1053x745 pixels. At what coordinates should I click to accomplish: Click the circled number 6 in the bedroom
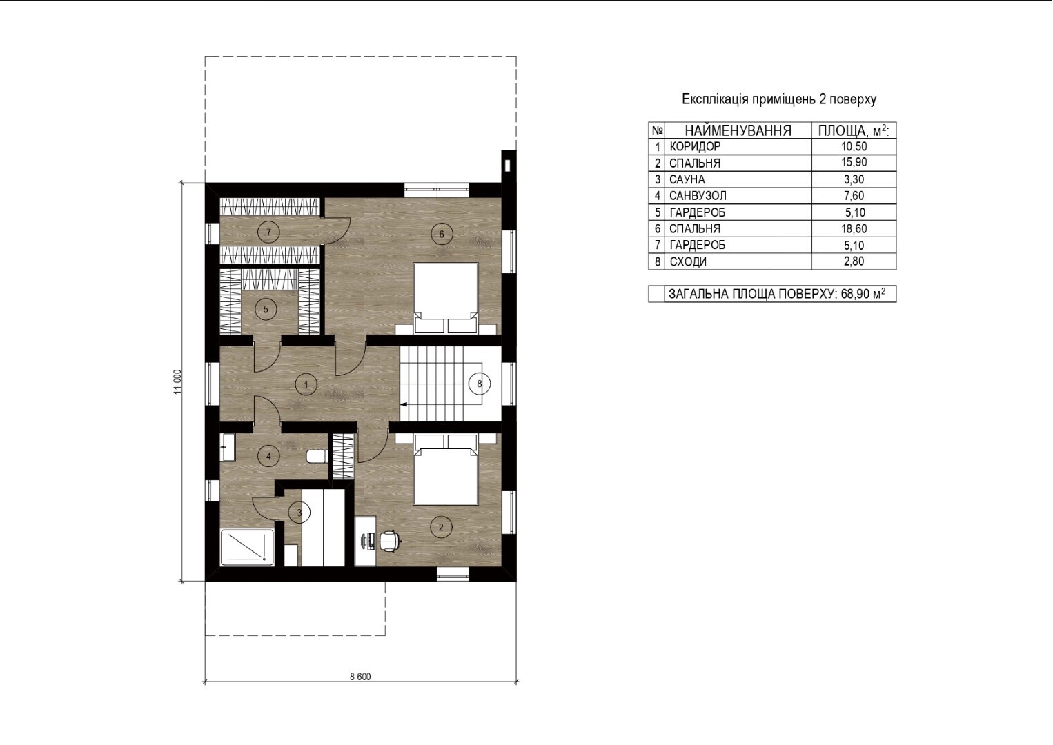coord(442,234)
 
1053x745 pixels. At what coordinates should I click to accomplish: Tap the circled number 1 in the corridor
coord(306,384)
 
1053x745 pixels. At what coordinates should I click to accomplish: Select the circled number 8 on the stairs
coord(480,384)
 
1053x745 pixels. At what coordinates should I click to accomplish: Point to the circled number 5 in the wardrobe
coord(266,309)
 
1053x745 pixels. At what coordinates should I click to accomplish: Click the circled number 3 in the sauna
coord(299,513)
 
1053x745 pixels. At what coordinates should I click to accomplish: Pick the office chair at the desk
coord(391,541)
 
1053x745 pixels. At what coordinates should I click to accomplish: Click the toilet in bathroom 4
coord(317,456)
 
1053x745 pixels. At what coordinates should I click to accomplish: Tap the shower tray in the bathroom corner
coord(247,547)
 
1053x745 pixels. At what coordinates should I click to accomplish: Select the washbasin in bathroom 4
coord(227,448)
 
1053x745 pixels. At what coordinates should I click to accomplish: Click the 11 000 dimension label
coord(177,381)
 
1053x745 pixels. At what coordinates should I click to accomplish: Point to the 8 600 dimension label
coord(360,677)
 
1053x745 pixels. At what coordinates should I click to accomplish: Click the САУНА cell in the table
coord(687,179)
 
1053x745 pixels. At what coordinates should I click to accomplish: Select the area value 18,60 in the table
coord(854,229)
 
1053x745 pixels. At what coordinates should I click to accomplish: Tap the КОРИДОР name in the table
coord(695,147)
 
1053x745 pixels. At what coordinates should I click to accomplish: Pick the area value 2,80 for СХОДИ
coord(854,261)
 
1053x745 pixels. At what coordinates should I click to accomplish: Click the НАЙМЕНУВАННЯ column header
coord(738,130)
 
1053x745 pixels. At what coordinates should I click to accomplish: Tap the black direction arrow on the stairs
coord(404,404)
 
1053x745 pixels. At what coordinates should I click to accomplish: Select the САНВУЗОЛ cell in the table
coord(698,195)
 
